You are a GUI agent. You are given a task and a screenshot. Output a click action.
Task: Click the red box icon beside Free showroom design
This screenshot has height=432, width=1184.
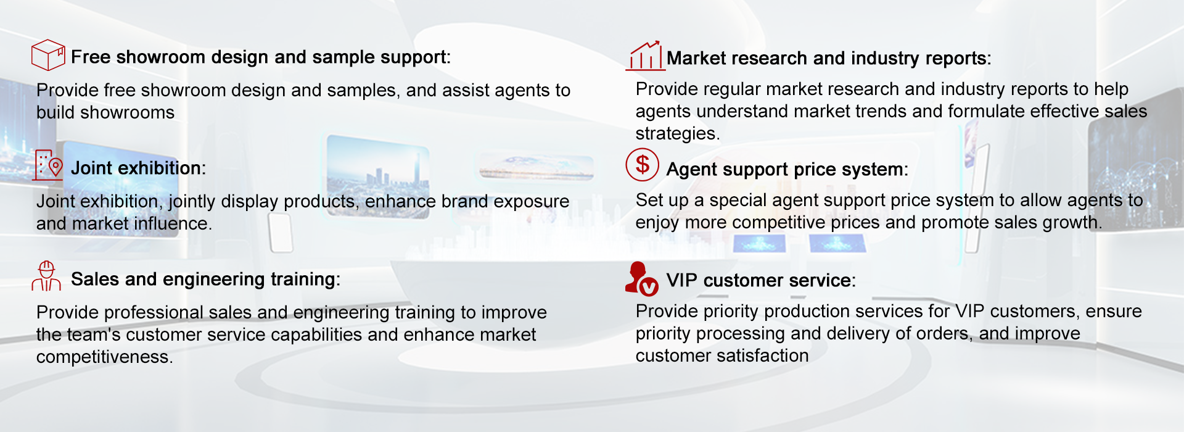(48, 55)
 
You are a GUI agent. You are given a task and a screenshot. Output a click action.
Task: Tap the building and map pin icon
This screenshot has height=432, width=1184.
(48, 165)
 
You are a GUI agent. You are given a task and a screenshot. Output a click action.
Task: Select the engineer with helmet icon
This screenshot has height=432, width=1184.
(46, 276)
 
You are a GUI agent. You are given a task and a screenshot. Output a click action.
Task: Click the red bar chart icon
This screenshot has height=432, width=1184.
(645, 56)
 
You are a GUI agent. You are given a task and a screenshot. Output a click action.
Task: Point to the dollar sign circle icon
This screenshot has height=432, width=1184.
(643, 164)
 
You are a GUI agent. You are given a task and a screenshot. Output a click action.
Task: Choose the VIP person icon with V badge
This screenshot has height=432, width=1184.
(642, 279)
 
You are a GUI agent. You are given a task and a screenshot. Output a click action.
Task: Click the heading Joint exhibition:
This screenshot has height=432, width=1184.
(138, 168)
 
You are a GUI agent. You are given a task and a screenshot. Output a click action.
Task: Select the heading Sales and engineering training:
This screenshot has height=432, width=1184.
(205, 280)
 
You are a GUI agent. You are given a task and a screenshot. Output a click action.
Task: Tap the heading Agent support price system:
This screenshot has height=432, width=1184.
(787, 170)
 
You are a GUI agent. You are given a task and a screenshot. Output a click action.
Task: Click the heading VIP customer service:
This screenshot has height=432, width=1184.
(761, 281)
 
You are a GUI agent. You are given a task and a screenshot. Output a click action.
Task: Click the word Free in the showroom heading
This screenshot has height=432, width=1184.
(91, 57)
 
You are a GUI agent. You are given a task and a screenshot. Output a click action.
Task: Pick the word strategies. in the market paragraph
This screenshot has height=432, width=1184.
(678, 134)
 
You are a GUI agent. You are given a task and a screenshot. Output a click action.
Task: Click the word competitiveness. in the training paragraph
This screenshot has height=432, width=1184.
(104, 357)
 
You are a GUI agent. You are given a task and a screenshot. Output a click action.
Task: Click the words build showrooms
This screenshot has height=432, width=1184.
(105, 112)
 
